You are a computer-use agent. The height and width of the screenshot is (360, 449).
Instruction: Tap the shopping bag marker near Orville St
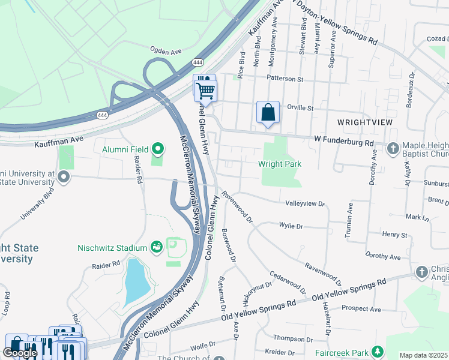point(268,112)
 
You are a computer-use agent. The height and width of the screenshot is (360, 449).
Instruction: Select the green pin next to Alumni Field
point(158,148)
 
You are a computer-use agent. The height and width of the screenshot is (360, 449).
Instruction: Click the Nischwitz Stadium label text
point(112,247)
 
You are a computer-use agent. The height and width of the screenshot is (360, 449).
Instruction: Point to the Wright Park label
point(279,164)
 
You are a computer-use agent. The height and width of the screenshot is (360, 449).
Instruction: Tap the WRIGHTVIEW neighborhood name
point(364,122)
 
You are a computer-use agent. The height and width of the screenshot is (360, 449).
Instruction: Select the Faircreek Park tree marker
point(378,352)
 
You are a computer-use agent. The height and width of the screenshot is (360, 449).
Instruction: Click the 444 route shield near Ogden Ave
point(197,62)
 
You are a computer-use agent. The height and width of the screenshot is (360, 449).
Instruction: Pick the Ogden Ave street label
point(165,51)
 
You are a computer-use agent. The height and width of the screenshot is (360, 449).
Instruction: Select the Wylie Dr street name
point(291,226)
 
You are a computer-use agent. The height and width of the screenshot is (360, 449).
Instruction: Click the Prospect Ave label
point(361,309)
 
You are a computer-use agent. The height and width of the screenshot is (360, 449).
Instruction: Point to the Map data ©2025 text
point(423,355)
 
